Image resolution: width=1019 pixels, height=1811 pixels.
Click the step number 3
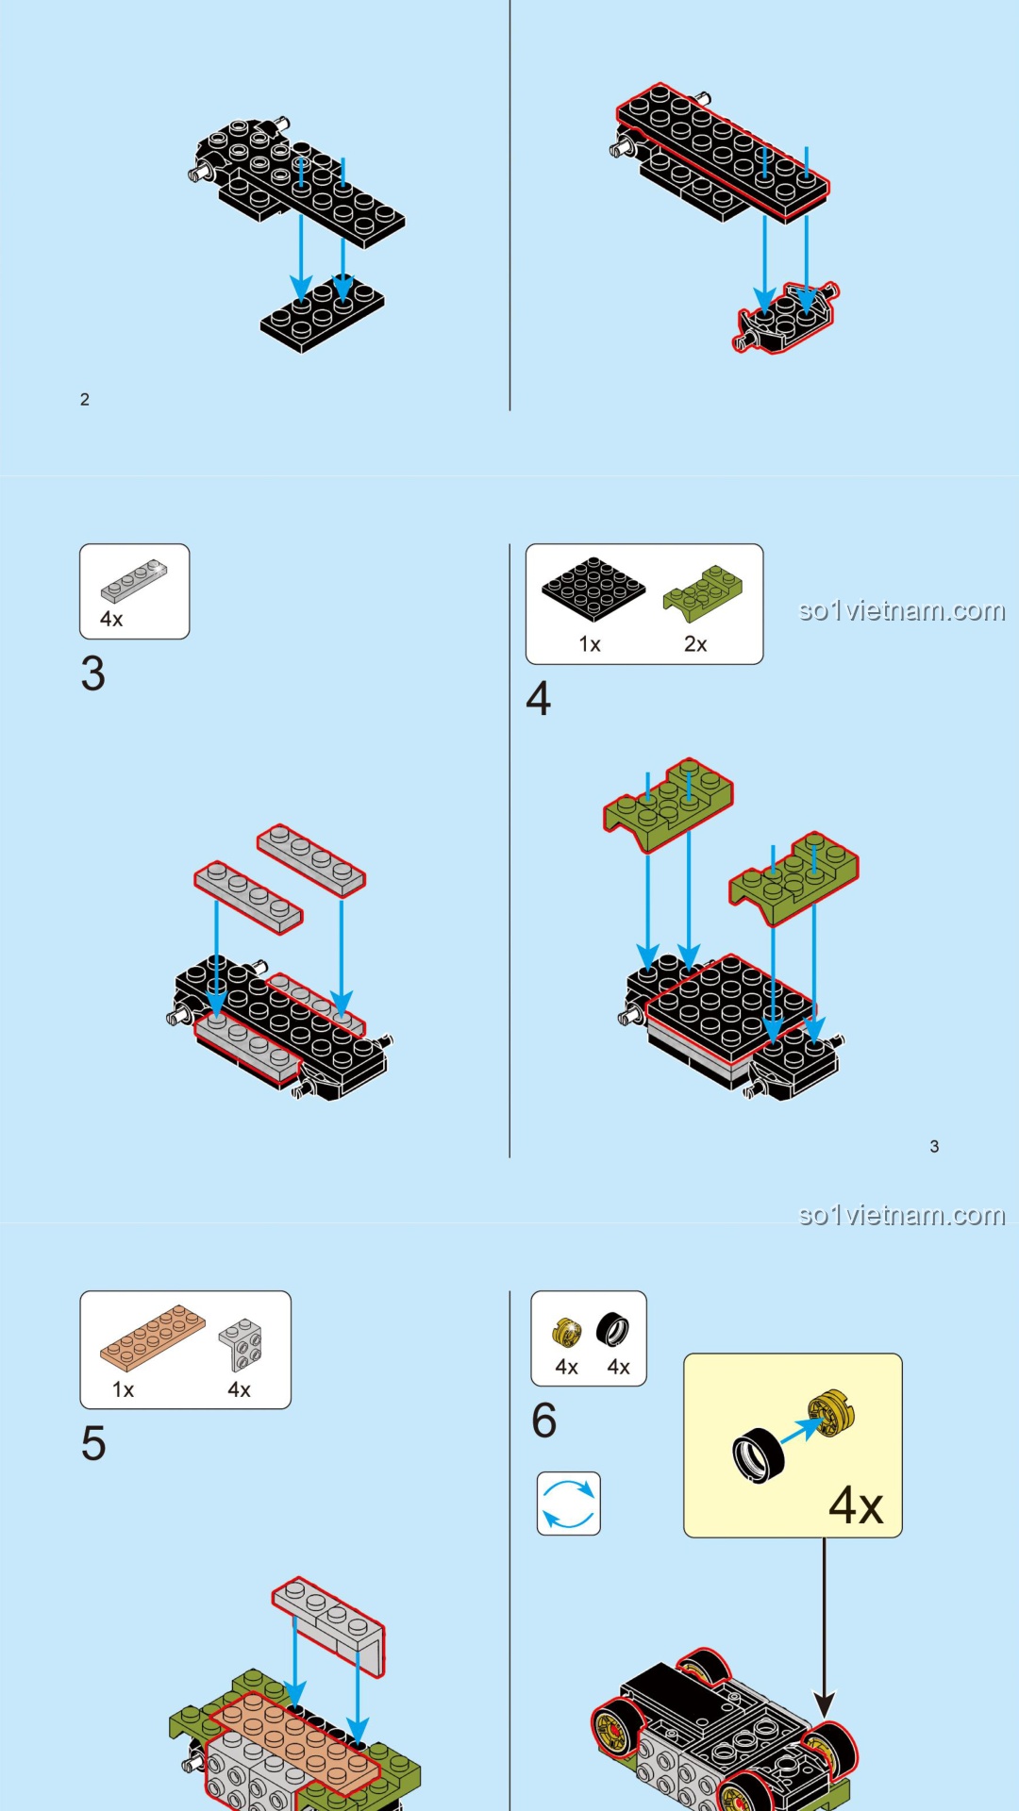pyautogui.click(x=92, y=673)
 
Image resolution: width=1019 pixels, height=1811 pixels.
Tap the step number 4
pyautogui.click(x=538, y=699)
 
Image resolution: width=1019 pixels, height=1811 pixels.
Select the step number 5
pyautogui.click(x=92, y=1443)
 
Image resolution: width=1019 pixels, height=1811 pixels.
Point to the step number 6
pyautogui.click(x=543, y=1421)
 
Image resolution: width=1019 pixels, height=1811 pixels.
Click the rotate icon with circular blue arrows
pyautogui.click(x=568, y=1503)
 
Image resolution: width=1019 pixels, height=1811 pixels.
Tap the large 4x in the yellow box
pyautogui.click(x=855, y=1505)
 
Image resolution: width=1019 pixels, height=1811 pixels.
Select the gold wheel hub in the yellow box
pyautogui.click(x=830, y=1414)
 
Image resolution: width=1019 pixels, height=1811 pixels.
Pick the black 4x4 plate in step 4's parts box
pyautogui.click(x=593, y=589)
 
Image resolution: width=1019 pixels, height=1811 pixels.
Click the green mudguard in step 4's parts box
pyautogui.click(x=703, y=590)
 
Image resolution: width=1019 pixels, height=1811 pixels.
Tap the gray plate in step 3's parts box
pyautogui.click(x=134, y=580)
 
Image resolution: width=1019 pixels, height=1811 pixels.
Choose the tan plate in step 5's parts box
pyautogui.click(x=152, y=1337)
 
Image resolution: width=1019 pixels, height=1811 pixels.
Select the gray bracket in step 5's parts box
pyautogui.click(x=241, y=1344)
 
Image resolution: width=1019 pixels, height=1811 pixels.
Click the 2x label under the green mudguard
pyautogui.click(x=695, y=644)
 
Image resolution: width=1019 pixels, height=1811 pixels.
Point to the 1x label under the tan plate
pyautogui.click(x=123, y=1389)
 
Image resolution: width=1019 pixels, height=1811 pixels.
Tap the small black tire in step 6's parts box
pyautogui.click(x=612, y=1330)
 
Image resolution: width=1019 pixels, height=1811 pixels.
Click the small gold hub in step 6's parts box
pyautogui.click(x=566, y=1332)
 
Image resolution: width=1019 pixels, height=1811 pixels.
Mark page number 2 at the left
pyautogui.click(x=85, y=400)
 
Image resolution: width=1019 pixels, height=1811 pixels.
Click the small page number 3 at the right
pyautogui.click(x=934, y=1146)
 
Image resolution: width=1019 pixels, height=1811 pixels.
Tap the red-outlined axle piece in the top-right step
pyautogui.click(x=787, y=318)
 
